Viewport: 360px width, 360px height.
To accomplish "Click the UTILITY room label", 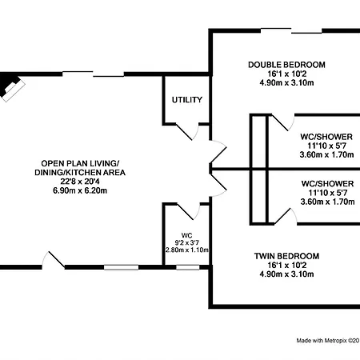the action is (187, 100).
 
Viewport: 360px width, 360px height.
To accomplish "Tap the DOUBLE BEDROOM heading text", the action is (286, 65).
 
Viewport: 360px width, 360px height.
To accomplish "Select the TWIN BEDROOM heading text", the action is (286, 256).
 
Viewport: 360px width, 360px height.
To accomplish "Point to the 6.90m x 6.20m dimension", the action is (80, 190).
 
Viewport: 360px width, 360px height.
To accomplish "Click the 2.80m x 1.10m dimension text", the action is (187, 250).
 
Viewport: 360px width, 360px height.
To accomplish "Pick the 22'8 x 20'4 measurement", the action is (80, 182).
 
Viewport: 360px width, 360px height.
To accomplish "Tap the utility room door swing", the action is (187, 132).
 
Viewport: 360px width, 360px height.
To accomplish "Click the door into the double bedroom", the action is (218, 151).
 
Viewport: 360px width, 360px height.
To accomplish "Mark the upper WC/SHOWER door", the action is (282, 122).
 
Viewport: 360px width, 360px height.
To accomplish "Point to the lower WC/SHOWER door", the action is (286, 216).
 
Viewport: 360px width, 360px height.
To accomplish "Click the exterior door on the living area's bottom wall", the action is (54, 260).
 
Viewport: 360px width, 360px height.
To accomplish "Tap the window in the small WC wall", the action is (188, 267).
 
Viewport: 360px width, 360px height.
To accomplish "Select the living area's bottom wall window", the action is (122, 267).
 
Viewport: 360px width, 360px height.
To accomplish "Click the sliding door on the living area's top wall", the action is (94, 74).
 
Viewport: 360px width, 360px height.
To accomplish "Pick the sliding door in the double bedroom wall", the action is (291, 30).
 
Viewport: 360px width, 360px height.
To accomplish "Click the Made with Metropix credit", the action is (328, 341).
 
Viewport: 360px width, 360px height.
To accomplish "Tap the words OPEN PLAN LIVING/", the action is (80, 163).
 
